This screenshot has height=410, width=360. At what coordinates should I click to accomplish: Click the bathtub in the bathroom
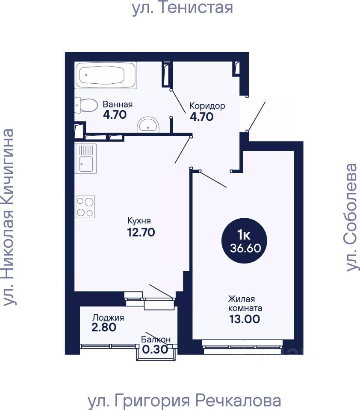pyautogui.click(x=106, y=75)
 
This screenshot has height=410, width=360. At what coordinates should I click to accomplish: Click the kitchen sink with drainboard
pyautogui.click(x=86, y=158)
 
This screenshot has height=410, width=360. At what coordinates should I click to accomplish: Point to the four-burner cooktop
pyautogui.click(x=86, y=207)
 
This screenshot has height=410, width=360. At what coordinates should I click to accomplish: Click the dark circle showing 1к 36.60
pyautogui.click(x=244, y=241)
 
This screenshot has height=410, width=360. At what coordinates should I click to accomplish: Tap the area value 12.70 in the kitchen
pyautogui.click(x=141, y=232)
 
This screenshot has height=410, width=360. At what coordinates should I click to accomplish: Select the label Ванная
pyautogui.click(x=118, y=104)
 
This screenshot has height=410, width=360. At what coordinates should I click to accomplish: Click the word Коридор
pyautogui.click(x=207, y=106)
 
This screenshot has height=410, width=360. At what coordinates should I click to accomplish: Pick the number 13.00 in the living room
pyautogui.click(x=245, y=319)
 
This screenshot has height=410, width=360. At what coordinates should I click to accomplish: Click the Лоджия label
pyautogui.click(x=108, y=318)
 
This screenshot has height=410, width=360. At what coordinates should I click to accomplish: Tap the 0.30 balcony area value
pyautogui.click(x=155, y=349)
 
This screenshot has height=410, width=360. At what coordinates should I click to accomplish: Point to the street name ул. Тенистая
pyautogui.click(x=183, y=7)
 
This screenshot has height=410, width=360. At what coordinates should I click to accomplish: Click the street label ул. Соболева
pyautogui.click(x=351, y=217)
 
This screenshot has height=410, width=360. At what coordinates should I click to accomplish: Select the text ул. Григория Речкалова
pyautogui.click(x=184, y=401)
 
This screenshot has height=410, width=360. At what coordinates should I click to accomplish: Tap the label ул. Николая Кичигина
pyautogui.click(x=9, y=217)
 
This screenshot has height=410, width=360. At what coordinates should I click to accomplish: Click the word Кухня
pyautogui.click(x=139, y=221)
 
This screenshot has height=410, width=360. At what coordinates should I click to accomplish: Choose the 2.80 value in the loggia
pyautogui.click(x=104, y=327)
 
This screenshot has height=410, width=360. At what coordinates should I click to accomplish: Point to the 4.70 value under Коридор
pyautogui.click(x=202, y=117)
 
